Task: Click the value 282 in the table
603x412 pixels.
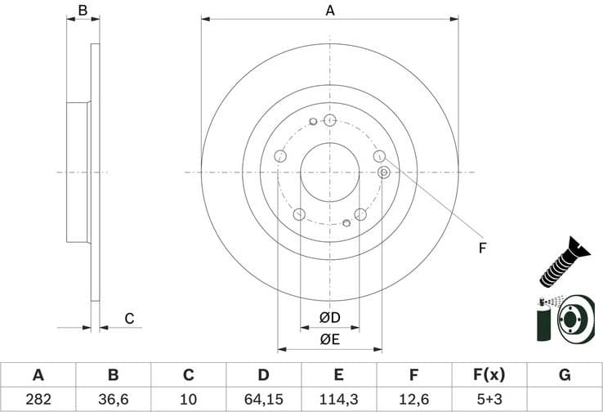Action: pyautogui.click(x=38, y=399)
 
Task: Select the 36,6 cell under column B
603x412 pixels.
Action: pyautogui.click(x=113, y=399)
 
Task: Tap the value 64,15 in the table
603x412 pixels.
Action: pyautogui.click(x=263, y=399)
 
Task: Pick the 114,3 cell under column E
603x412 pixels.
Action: pyautogui.click(x=338, y=399)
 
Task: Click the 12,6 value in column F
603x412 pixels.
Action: pyautogui.click(x=413, y=399)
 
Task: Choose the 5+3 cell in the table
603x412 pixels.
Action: pyautogui.click(x=489, y=399)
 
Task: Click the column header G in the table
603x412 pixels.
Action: pyautogui.click(x=564, y=375)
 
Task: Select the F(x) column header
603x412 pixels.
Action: pyautogui.click(x=489, y=375)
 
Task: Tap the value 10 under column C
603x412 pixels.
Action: pyautogui.click(x=188, y=399)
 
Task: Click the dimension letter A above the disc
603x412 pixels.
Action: pyautogui.click(x=330, y=11)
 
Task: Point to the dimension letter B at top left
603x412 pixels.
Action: pyautogui.click(x=82, y=11)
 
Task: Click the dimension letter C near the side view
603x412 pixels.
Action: pyautogui.click(x=128, y=318)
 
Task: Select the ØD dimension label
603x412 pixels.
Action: pyautogui.click(x=329, y=317)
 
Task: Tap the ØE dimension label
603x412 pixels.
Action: pyautogui.click(x=329, y=338)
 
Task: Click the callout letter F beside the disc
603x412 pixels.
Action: pyautogui.click(x=482, y=247)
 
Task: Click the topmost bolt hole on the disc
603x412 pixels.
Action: pyautogui.click(x=330, y=120)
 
